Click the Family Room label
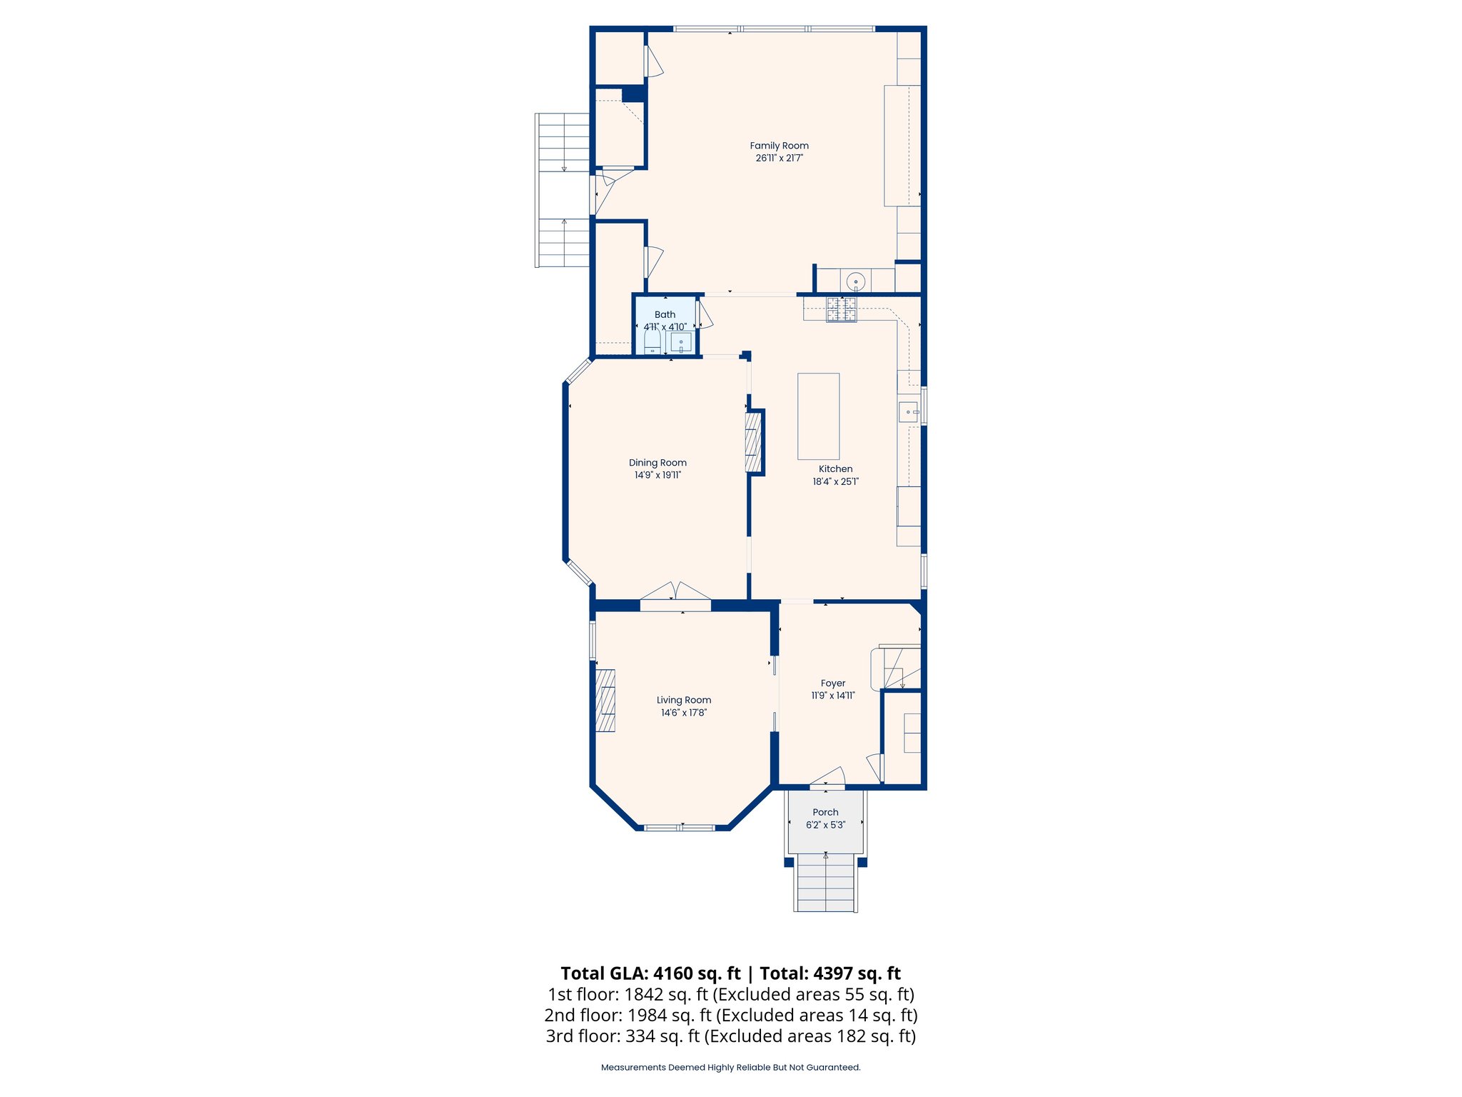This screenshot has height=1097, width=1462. [x=779, y=146]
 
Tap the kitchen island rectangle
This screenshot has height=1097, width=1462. [x=818, y=416]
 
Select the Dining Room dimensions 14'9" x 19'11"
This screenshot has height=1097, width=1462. [x=657, y=475]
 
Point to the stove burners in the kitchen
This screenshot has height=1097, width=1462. [x=841, y=309]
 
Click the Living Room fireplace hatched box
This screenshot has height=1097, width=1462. [x=605, y=700]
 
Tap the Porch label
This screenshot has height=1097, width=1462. [x=825, y=812]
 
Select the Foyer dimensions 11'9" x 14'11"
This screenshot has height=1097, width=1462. [x=832, y=696]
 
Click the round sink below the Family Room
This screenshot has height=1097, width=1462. [x=855, y=281]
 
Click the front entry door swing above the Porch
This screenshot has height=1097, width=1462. [x=830, y=777]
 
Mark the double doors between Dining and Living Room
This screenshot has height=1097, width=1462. [x=675, y=592]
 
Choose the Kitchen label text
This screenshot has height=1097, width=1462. [x=835, y=469]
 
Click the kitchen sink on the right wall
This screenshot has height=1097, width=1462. [x=908, y=412]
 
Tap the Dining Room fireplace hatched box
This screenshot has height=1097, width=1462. [x=753, y=442]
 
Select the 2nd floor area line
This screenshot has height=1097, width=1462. [x=730, y=1015]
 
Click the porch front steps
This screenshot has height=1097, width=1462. [x=825, y=886]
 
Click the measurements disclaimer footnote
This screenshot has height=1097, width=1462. [x=730, y=1068]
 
